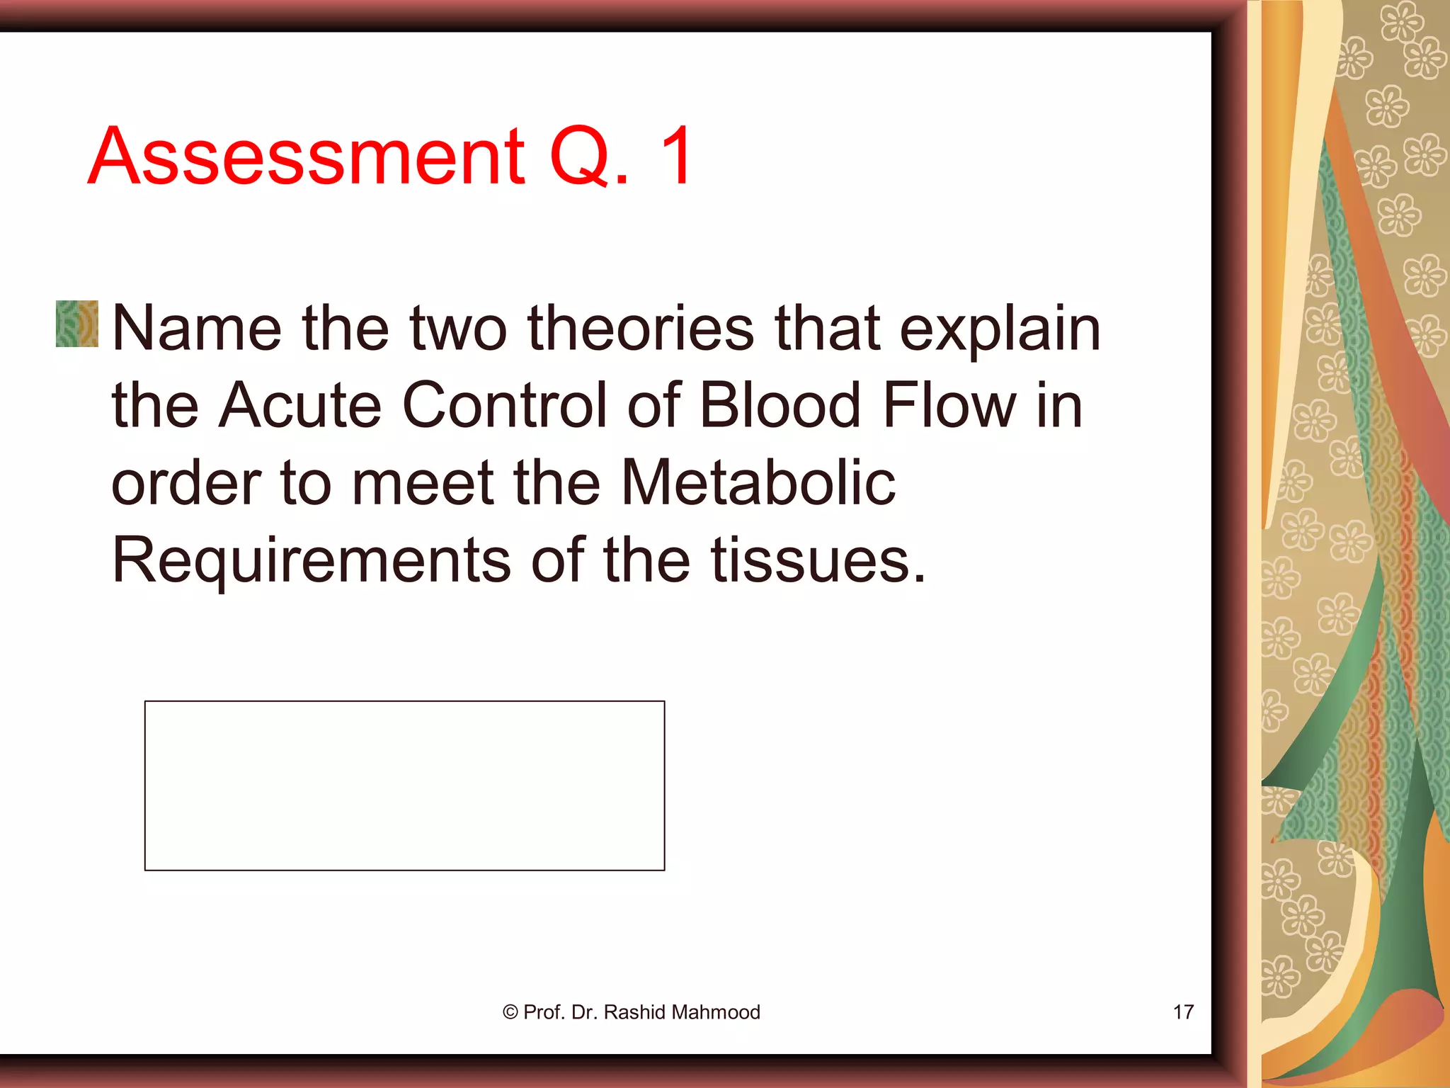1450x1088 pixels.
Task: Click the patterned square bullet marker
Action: [77, 324]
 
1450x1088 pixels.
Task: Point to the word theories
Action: [641, 328]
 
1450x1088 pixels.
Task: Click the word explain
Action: [1000, 329]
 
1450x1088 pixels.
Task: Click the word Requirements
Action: [312, 561]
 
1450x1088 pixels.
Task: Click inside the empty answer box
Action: [404, 786]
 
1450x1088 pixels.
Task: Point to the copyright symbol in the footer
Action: [510, 1012]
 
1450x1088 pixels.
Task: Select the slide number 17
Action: [1183, 1012]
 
